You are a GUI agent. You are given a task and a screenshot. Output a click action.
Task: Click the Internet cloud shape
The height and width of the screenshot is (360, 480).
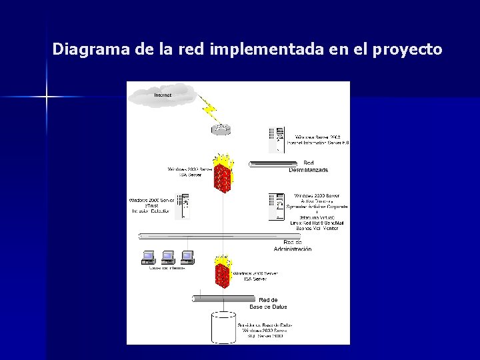(163, 95)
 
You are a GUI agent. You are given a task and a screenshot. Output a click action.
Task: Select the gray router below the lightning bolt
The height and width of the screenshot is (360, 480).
(221, 129)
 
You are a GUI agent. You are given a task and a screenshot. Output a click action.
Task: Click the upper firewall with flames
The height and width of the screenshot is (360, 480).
(223, 174)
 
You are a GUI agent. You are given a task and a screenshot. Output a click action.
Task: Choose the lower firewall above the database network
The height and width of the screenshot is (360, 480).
(223, 273)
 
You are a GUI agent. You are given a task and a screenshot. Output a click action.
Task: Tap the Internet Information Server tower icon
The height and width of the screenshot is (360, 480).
(275, 140)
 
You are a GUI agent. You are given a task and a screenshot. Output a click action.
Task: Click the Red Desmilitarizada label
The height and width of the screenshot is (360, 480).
(308, 166)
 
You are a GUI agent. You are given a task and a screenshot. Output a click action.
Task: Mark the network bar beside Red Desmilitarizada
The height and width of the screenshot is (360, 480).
(273, 163)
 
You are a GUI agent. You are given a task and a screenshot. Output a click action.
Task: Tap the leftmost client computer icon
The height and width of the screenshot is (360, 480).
(148, 257)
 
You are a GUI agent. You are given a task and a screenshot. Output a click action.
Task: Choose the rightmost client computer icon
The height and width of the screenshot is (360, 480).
(187, 257)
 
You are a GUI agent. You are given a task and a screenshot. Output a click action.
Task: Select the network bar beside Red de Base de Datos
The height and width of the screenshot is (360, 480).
(219, 299)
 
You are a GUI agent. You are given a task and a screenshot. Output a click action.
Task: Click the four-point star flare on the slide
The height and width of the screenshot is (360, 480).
(47, 97)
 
